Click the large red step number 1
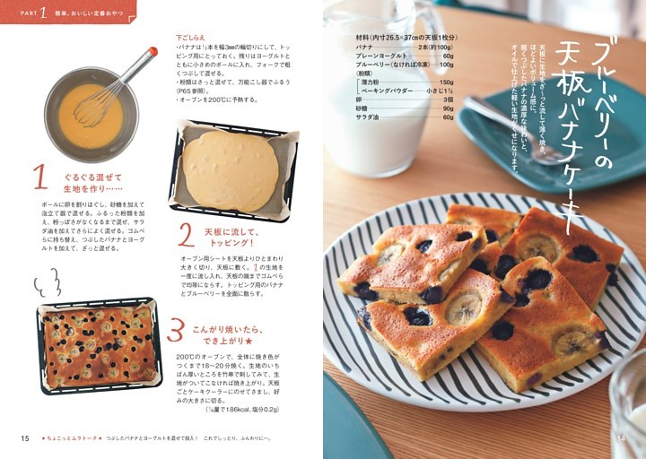(x=39, y=177)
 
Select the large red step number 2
(x=186, y=235)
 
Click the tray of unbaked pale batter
(x=231, y=171)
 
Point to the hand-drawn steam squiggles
(x=46, y=285)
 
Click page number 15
(x=25, y=437)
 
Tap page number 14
(x=622, y=437)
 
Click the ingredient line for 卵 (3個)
(x=404, y=100)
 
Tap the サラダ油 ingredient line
(x=404, y=117)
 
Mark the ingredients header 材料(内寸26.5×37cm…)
(x=404, y=37)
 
